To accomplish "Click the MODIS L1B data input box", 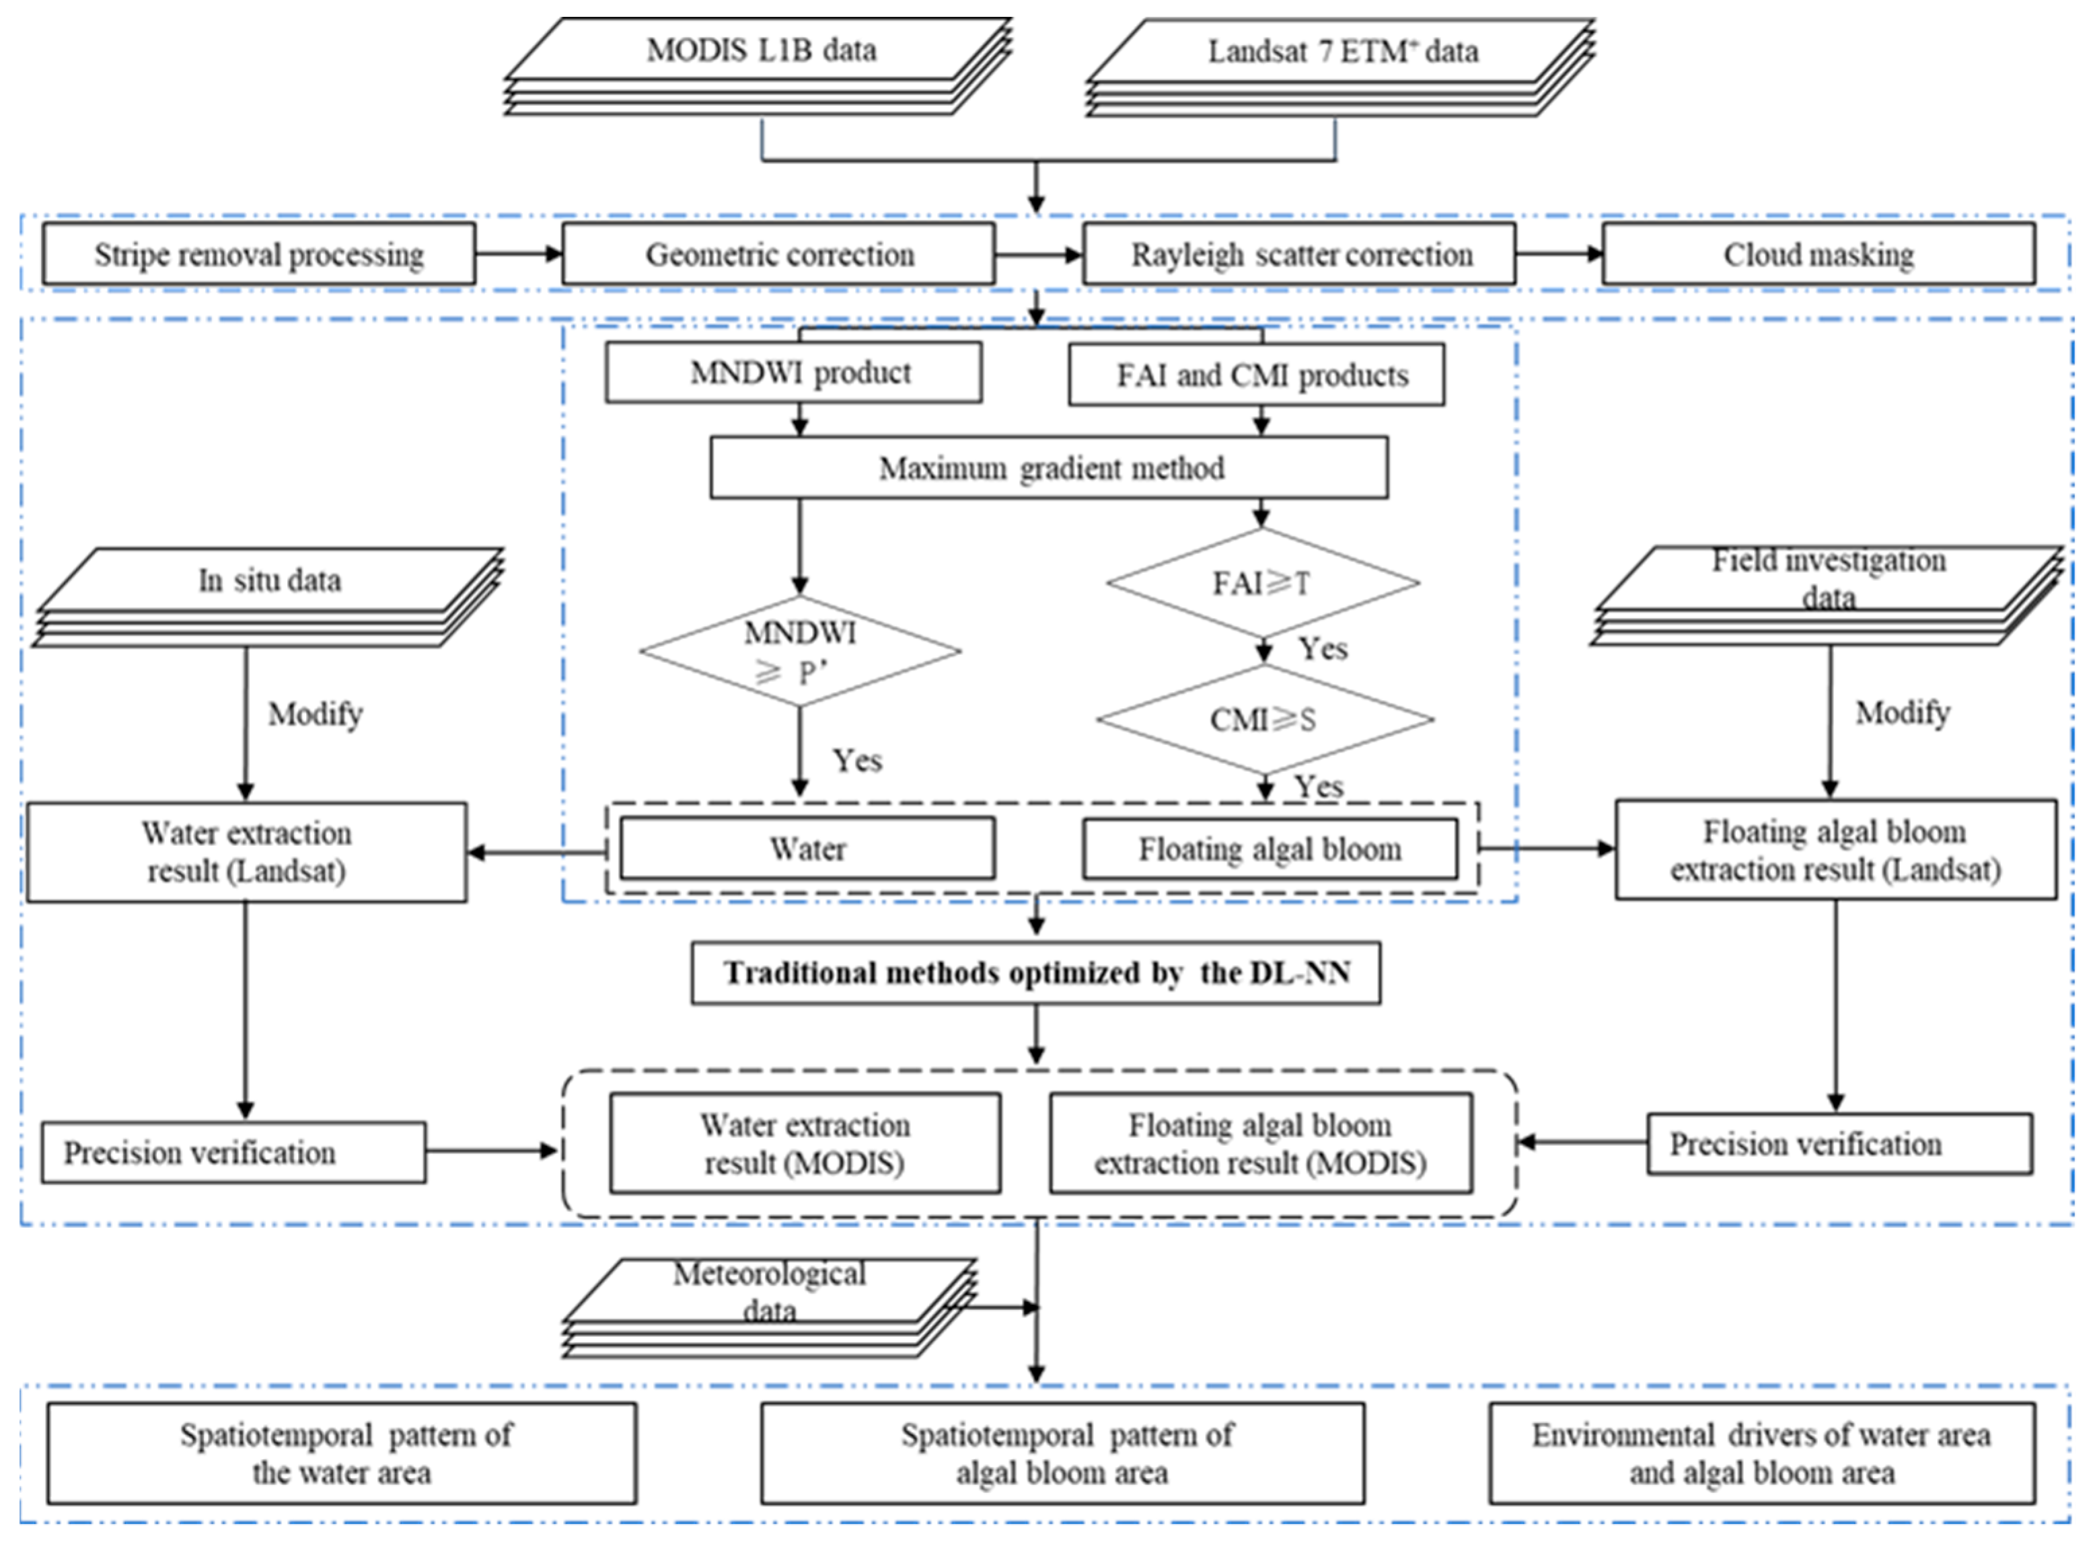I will [761, 50].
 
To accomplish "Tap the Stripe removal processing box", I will [259, 254].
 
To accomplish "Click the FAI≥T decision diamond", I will [1262, 583].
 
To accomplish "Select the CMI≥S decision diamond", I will [1264, 720].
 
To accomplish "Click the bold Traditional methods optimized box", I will [1036, 973].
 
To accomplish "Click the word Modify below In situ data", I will [315, 714].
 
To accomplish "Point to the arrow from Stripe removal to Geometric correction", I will [518, 254].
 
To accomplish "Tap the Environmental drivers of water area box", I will [1761, 1453].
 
